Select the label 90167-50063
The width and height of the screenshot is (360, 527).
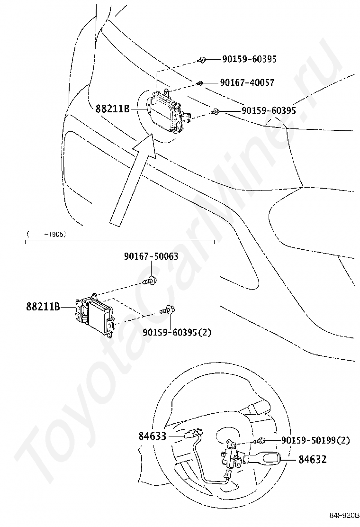click(x=151, y=256)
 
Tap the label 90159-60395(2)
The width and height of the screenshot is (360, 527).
click(x=177, y=332)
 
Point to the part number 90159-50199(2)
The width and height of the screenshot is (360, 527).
click(x=315, y=440)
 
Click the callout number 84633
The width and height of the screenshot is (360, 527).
click(x=153, y=436)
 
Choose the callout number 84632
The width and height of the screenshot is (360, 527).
click(x=312, y=459)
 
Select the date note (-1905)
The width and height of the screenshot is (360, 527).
click(x=46, y=234)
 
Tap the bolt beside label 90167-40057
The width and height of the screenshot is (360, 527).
click(x=200, y=83)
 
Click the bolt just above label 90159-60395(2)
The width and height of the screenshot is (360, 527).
click(x=168, y=310)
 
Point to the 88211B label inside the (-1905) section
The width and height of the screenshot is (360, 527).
click(x=43, y=307)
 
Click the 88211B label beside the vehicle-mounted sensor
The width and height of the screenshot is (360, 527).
click(x=112, y=109)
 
